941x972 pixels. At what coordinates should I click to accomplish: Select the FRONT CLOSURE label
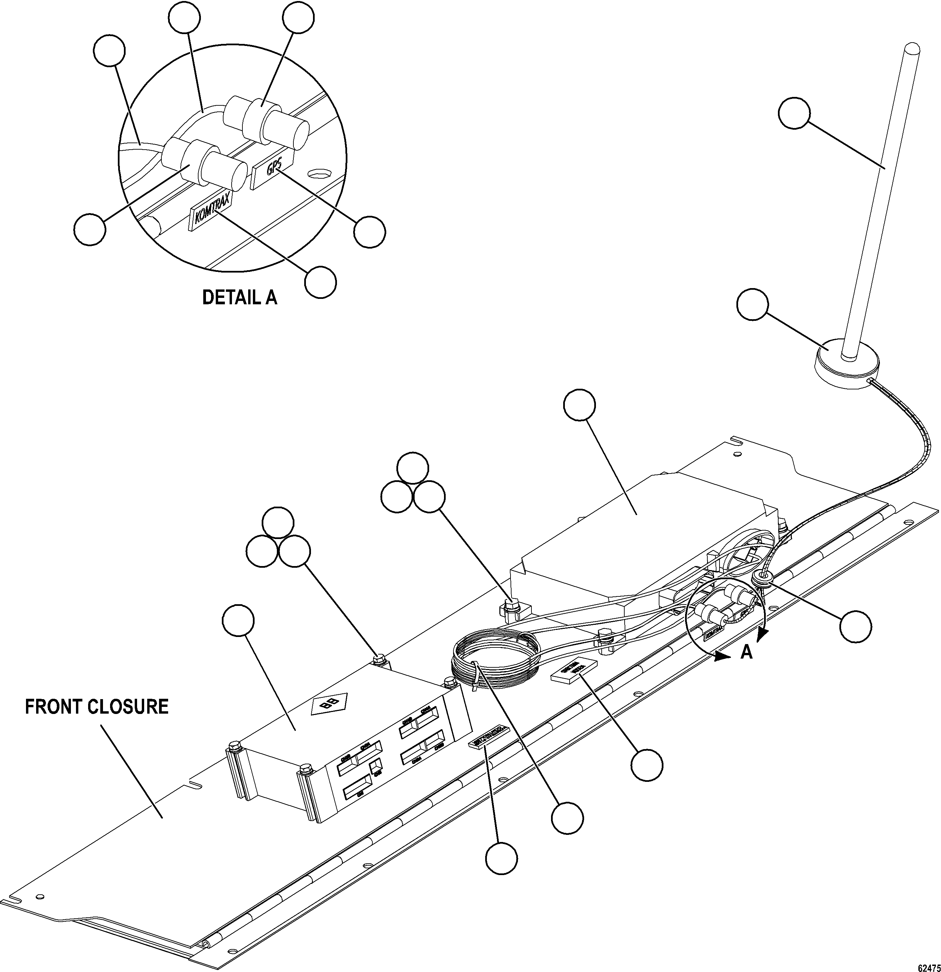pos(97,707)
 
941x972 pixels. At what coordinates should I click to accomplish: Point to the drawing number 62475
pos(929,967)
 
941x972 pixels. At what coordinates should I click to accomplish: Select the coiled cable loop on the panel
pos(496,660)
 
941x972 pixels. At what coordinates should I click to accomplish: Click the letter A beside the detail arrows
pos(746,654)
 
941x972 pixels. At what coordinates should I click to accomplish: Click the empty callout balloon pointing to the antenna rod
pos(794,113)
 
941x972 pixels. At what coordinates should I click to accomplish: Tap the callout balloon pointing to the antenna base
pos(753,305)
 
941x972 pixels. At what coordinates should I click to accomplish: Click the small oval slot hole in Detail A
pos(319,174)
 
